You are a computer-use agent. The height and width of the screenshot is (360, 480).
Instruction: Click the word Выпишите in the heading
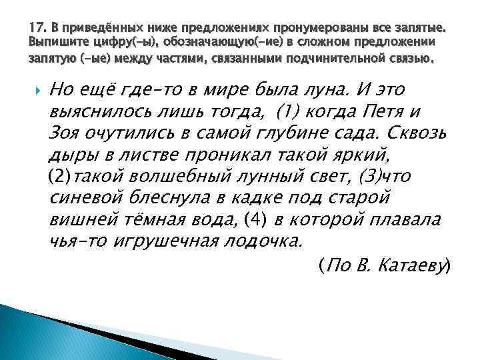click(x=56, y=43)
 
